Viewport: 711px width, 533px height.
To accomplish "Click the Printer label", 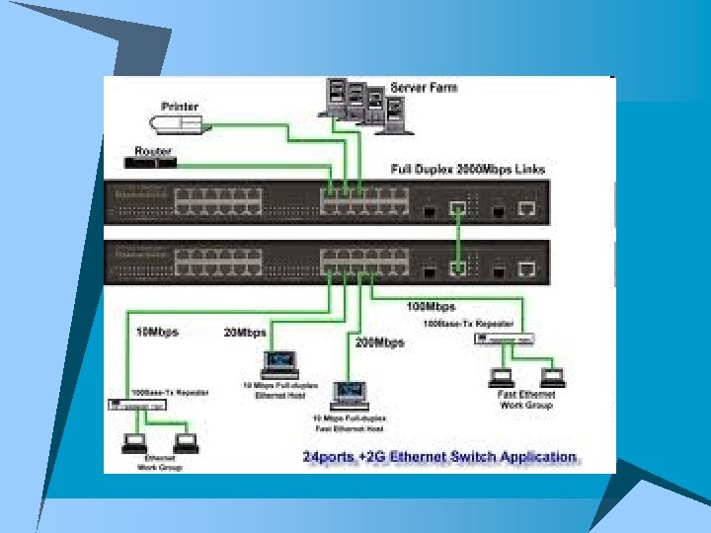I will [x=181, y=106].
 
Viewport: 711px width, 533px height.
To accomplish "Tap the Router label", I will [x=153, y=151].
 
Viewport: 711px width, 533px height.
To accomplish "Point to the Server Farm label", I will [x=424, y=88].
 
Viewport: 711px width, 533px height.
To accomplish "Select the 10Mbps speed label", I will [x=156, y=332].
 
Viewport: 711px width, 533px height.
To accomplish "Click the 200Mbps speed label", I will [x=380, y=343].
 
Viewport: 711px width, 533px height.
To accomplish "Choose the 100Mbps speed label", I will [x=433, y=307].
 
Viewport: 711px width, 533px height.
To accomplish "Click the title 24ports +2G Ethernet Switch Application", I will [x=438, y=457].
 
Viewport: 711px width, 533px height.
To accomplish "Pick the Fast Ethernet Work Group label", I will [x=526, y=399].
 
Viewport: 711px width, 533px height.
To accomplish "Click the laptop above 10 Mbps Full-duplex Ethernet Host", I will [x=280, y=363].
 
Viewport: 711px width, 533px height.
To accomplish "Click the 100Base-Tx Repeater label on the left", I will [x=178, y=393].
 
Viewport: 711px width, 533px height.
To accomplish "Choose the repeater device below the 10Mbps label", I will [x=139, y=406].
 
